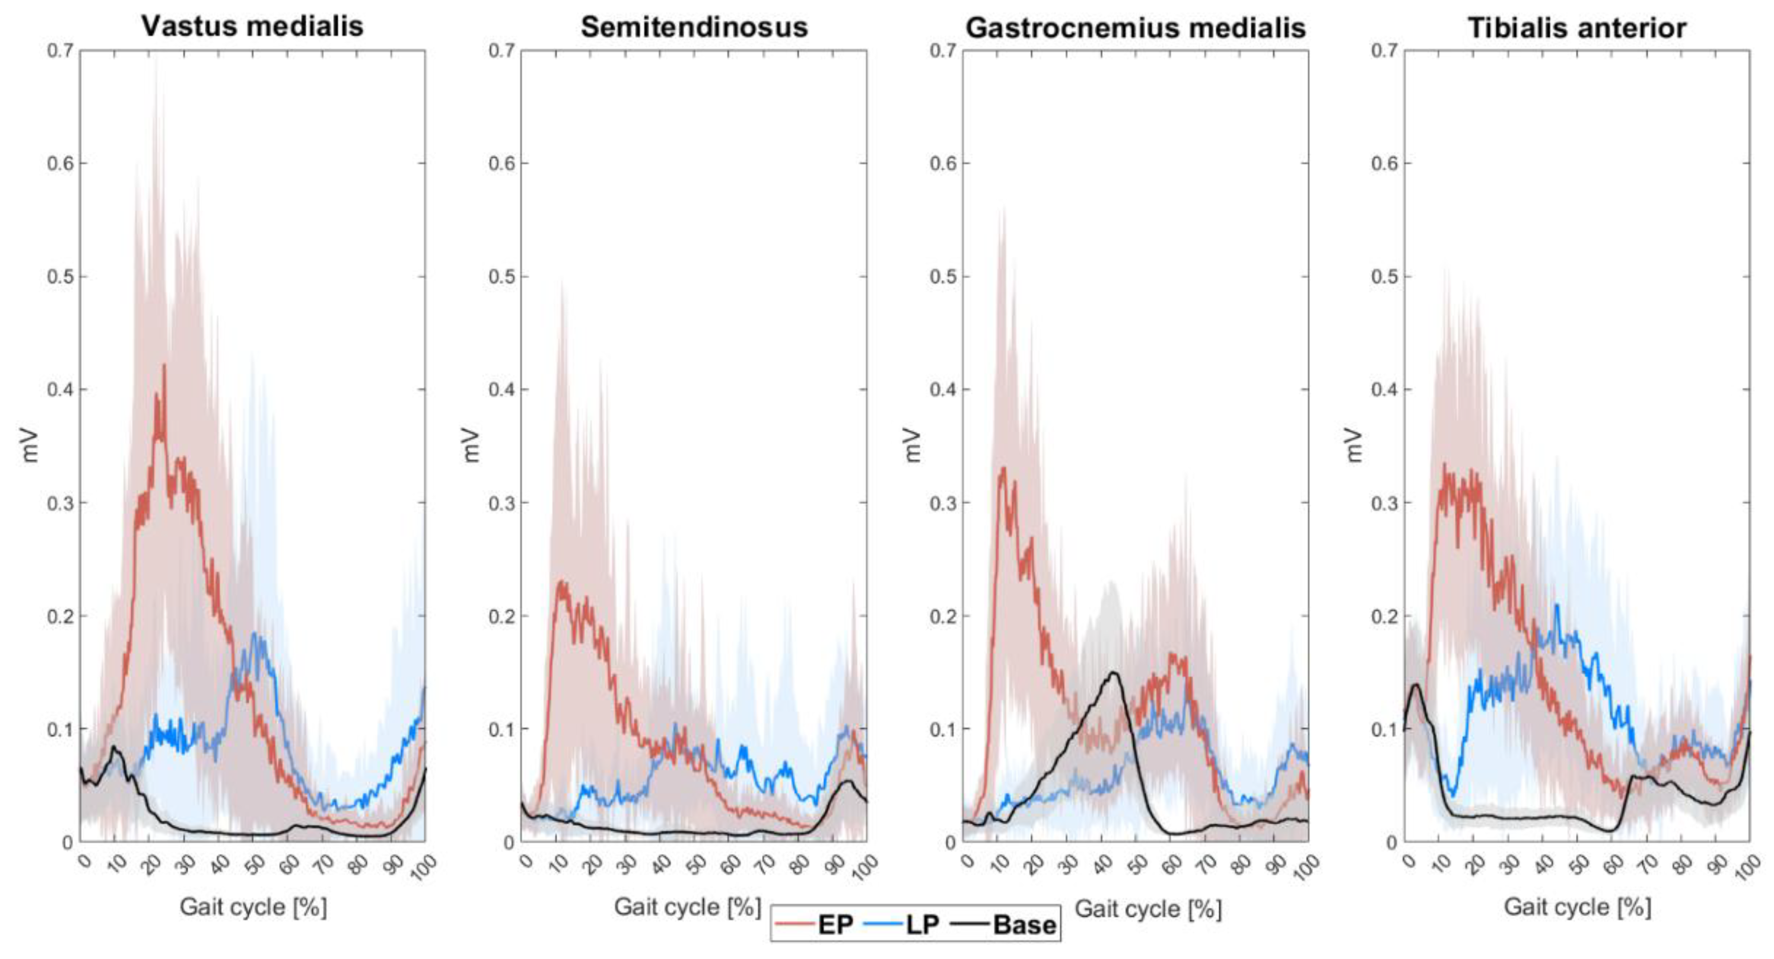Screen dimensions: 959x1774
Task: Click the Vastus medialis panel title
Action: [252, 26]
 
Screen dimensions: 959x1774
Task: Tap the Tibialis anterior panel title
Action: [1577, 28]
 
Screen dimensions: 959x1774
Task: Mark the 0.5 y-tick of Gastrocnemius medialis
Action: [943, 277]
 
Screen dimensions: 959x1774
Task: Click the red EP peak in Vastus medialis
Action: [164, 366]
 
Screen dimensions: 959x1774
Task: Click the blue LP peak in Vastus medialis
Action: [256, 634]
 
